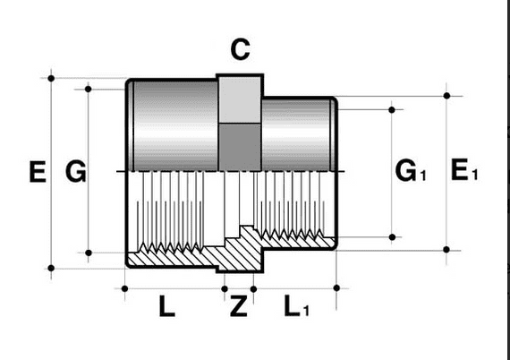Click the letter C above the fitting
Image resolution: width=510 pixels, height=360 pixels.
[x=240, y=50]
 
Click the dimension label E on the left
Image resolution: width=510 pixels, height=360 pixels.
[x=38, y=171]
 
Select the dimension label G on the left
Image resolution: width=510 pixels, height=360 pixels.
[x=76, y=171]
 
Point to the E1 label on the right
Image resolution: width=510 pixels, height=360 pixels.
[x=463, y=170]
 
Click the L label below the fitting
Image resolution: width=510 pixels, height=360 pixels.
[x=166, y=307]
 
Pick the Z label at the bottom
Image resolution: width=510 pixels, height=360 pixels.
[x=238, y=307]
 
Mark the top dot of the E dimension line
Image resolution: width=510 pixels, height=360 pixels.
[x=51, y=79]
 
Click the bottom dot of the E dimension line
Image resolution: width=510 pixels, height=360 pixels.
[x=51, y=267]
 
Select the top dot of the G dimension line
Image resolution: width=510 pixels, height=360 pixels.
[x=89, y=88]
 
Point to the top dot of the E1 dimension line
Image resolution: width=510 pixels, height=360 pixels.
[x=447, y=94]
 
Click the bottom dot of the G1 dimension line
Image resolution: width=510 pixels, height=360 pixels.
[x=393, y=236]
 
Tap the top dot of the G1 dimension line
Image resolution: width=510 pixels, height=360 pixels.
[x=393, y=108]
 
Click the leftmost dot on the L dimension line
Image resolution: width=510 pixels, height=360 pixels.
[x=124, y=287]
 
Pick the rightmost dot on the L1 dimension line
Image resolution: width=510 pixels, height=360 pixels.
[x=336, y=287]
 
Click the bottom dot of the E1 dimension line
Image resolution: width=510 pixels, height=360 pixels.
[x=447, y=248]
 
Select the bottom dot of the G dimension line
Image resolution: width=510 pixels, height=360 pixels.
[x=89, y=253]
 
